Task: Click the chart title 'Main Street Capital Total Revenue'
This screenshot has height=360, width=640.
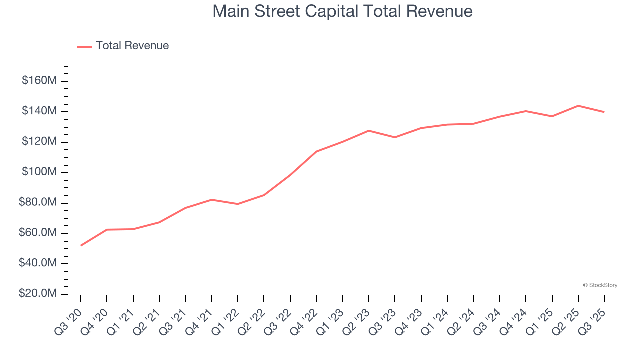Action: point(342,11)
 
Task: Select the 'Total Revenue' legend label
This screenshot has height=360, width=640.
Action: point(132,46)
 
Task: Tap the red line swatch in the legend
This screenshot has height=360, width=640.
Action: point(85,46)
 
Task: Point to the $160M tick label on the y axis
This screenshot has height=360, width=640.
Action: point(39,81)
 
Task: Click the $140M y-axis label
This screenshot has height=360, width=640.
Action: point(39,111)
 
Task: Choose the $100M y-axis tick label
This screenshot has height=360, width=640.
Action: point(39,172)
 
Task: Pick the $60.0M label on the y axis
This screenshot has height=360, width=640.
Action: point(38,233)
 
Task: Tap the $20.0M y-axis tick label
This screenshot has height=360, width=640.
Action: point(38,294)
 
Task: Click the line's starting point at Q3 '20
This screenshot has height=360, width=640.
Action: point(81,245)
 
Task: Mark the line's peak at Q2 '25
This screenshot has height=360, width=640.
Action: point(578,106)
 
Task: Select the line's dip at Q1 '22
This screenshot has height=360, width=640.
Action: point(238,204)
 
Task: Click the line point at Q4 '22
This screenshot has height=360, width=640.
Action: point(316,151)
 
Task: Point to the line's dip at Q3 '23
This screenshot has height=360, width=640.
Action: point(395,137)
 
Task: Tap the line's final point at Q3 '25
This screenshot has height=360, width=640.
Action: point(604,112)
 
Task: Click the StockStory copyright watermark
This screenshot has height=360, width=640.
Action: point(600,285)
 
